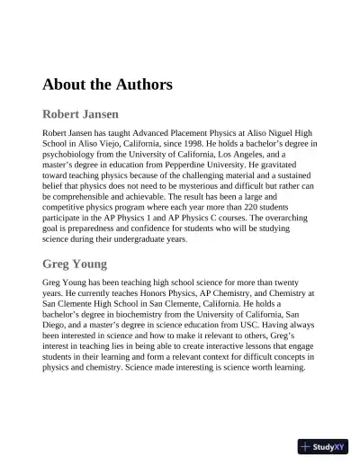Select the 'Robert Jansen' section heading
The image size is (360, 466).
(x=81, y=115)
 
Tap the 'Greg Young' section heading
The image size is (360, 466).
(x=75, y=264)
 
